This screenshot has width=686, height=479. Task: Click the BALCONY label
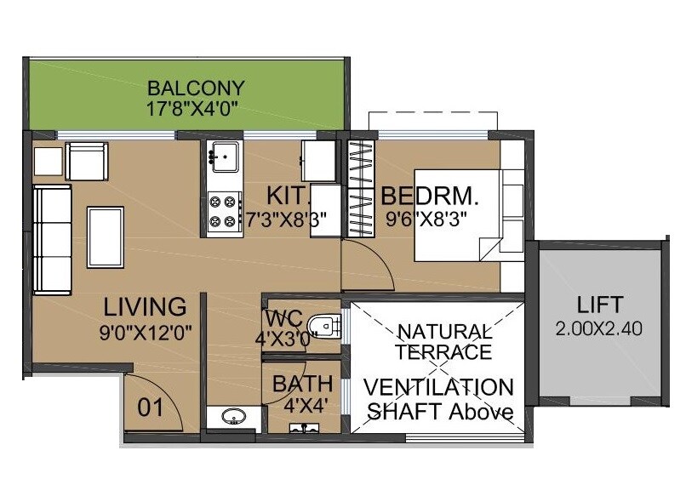(196, 88)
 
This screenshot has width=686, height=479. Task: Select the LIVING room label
(145, 305)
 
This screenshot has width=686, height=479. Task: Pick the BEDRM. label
(430, 196)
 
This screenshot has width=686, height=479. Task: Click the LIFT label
(599, 304)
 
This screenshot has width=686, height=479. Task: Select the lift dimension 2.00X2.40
(599, 328)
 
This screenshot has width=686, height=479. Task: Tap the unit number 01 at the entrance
(150, 408)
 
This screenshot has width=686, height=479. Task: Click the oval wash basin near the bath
(231, 417)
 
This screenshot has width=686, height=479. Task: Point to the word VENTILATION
(438, 388)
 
